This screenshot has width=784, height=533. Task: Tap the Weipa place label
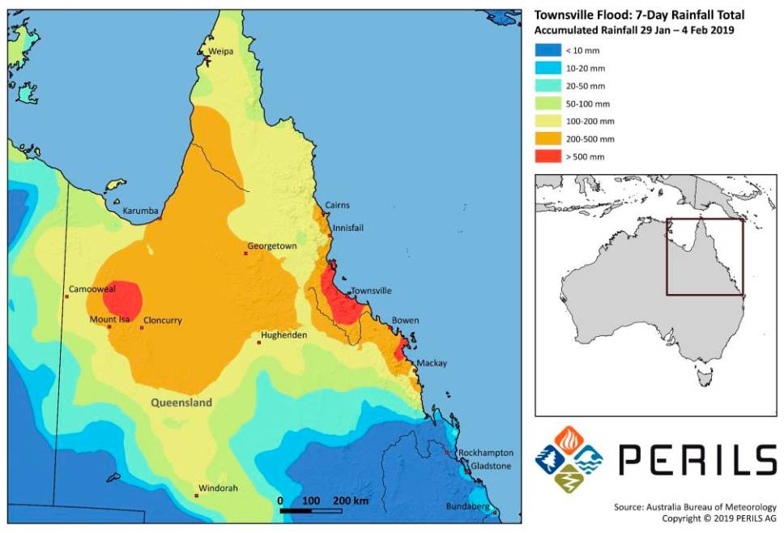coord(220,51)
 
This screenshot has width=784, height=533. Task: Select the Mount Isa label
coord(109,320)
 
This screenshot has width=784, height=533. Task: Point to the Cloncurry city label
coord(162,320)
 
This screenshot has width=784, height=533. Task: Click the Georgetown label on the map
coord(271,245)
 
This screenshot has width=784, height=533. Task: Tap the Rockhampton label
coord(484,452)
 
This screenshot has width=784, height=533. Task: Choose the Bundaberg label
coord(468,507)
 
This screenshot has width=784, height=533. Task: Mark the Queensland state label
coord(181,403)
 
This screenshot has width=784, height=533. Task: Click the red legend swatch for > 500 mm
coord(547,156)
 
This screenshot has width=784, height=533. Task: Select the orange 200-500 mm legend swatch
coord(547,139)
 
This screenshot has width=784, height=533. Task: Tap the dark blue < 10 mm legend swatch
coord(547,50)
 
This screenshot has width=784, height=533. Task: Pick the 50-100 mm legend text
coord(587,104)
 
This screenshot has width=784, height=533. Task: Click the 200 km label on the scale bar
coord(350,501)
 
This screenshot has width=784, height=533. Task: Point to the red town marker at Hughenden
coord(259,343)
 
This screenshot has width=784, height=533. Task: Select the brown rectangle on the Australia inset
coord(704,257)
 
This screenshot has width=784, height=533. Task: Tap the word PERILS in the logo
coord(697,459)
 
